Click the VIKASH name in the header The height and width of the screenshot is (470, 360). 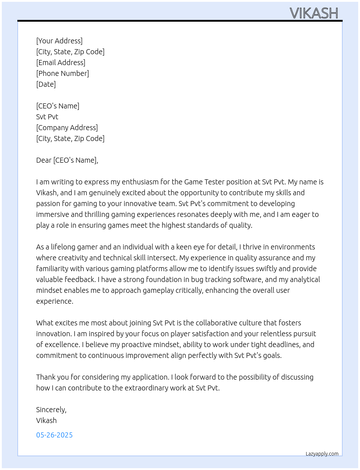pos(314,13)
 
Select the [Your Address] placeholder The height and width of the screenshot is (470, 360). pos(59,41)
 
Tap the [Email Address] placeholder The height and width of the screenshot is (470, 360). pos(61,63)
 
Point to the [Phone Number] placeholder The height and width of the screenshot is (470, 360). pos(63,73)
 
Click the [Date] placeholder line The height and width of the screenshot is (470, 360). pos(46,84)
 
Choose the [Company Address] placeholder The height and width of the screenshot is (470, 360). pos(67,128)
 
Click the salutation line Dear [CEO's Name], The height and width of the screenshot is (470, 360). pos(67,160)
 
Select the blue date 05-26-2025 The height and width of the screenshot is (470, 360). pos(54,435)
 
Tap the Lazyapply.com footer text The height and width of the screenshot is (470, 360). pos(322,454)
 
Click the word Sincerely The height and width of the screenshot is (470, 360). pos(51,410)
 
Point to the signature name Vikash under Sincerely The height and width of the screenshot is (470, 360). pos(46,420)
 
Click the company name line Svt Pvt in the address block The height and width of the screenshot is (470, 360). pos(47,117)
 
